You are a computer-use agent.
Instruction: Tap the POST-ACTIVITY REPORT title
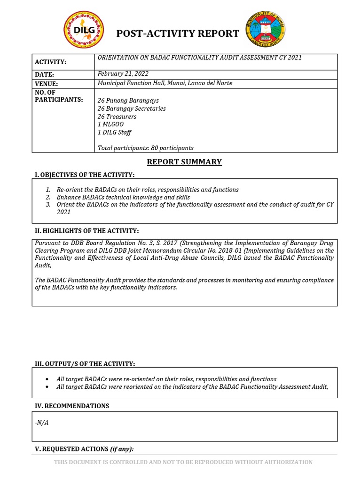[178, 33]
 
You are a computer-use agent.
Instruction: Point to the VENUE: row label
[46, 84]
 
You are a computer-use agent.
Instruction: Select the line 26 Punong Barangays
[128, 101]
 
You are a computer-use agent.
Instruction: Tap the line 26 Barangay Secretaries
[131, 109]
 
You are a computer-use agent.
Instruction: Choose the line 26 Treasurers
[117, 116]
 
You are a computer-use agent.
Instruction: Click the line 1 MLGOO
[111, 124]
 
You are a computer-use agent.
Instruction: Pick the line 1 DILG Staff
[114, 132]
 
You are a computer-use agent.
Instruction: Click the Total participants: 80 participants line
[145, 148]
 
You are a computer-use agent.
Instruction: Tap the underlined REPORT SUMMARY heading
[184, 162]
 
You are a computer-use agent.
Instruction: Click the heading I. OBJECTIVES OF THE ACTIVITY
[85, 175]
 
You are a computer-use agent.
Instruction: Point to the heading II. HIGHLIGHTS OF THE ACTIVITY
[87, 231]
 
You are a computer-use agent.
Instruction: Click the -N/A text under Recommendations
[42, 422]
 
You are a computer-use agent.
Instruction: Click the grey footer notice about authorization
[183, 462]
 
